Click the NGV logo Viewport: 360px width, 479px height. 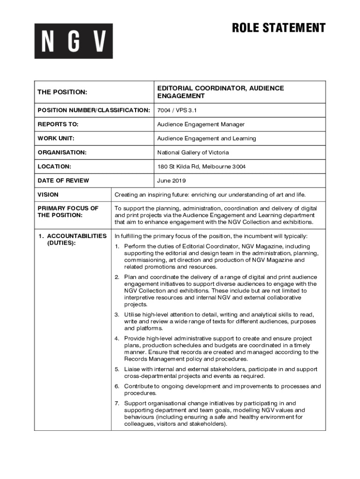coord(73,41)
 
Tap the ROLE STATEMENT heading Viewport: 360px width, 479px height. coord(279,28)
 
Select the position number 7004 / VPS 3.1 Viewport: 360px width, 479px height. coord(177,110)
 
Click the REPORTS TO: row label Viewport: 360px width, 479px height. coord(58,124)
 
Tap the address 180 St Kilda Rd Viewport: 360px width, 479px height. coord(179,167)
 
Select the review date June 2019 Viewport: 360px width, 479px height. coord(171,181)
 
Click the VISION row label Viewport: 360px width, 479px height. coord(48,195)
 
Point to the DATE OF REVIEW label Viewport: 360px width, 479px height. coord(63,181)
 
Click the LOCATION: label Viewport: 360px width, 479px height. coord(54,167)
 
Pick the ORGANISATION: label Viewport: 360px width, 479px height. coord(62,152)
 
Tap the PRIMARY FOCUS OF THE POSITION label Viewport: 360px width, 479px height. coord(68,211)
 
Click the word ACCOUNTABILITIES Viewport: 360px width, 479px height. coord(77,236)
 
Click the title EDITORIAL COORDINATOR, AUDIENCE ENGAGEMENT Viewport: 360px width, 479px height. coord(220,92)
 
